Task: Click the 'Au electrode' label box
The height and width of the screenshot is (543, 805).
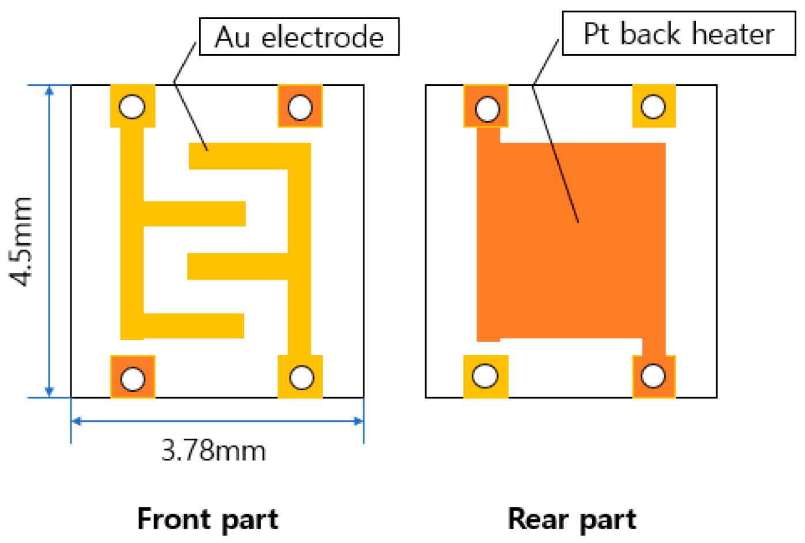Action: click(299, 37)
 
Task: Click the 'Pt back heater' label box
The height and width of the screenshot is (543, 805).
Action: click(678, 33)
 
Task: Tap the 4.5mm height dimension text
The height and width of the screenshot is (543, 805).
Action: click(22, 241)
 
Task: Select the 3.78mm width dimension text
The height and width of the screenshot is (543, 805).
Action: click(213, 450)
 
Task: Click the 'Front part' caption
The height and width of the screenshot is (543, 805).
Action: click(208, 519)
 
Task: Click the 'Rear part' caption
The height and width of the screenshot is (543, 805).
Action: click(572, 519)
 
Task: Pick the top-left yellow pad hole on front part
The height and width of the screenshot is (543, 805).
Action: click(132, 107)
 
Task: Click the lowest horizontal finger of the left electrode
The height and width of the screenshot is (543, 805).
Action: click(193, 326)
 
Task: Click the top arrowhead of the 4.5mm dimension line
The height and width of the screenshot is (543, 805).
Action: click(50, 90)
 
